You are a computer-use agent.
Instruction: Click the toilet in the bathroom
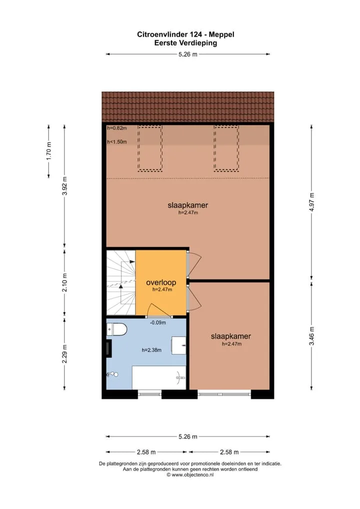116,329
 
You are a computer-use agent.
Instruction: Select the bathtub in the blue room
158,377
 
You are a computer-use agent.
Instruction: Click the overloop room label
161,282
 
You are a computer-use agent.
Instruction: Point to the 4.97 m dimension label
311,202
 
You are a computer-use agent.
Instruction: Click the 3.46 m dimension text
311,336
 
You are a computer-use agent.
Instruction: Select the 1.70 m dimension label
48,151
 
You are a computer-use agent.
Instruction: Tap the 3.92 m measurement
64,186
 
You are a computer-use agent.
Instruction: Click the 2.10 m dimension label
64,282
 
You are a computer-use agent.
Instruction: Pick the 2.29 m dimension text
64,354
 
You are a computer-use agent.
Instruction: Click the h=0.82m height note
117,128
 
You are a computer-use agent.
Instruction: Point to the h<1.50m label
117,142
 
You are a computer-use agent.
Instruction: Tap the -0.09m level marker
158,322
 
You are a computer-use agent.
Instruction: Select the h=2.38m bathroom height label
151,350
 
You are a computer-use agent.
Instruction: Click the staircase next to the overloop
121,282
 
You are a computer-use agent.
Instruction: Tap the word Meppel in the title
221,34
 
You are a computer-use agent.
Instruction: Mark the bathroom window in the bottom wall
149,394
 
